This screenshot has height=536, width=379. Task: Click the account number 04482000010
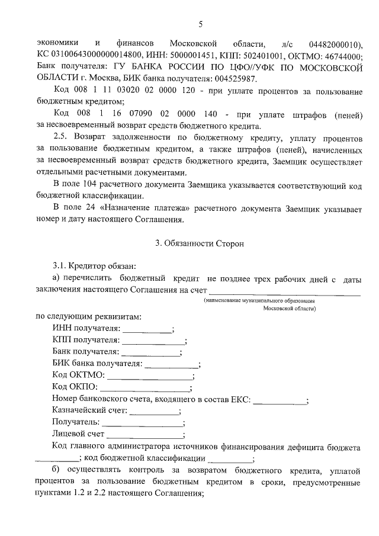[x=335, y=44]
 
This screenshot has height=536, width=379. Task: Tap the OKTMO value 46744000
[x=342, y=56]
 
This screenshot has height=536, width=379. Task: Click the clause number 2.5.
[x=62, y=137]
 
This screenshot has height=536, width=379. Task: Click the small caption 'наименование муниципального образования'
[x=259, y=301]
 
